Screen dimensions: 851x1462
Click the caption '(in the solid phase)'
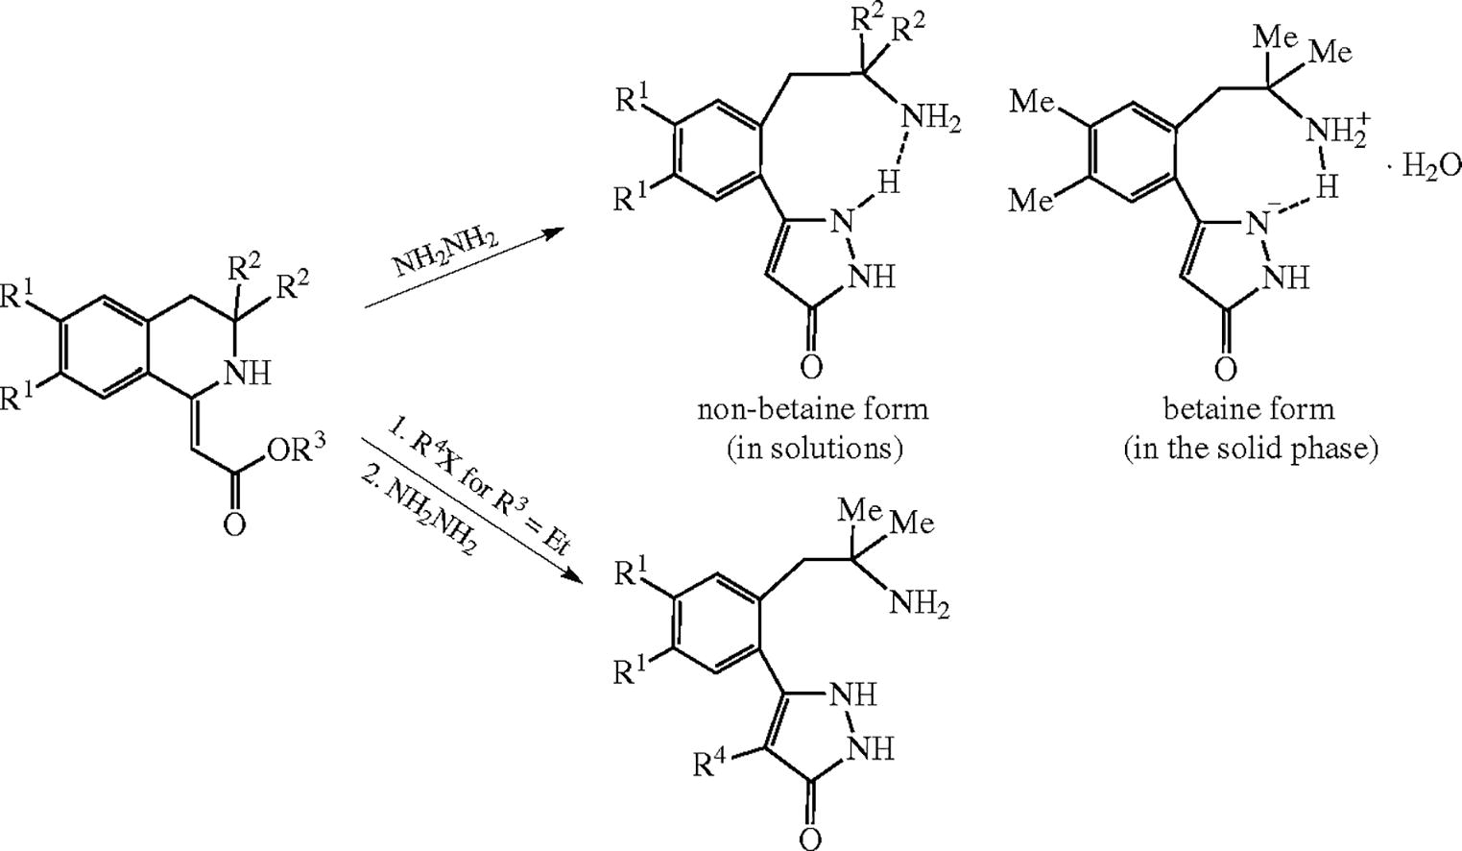tap(1251, 448)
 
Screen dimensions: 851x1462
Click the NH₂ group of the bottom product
tap(920, 604)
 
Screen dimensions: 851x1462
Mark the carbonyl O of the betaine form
tap(1225, 368)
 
